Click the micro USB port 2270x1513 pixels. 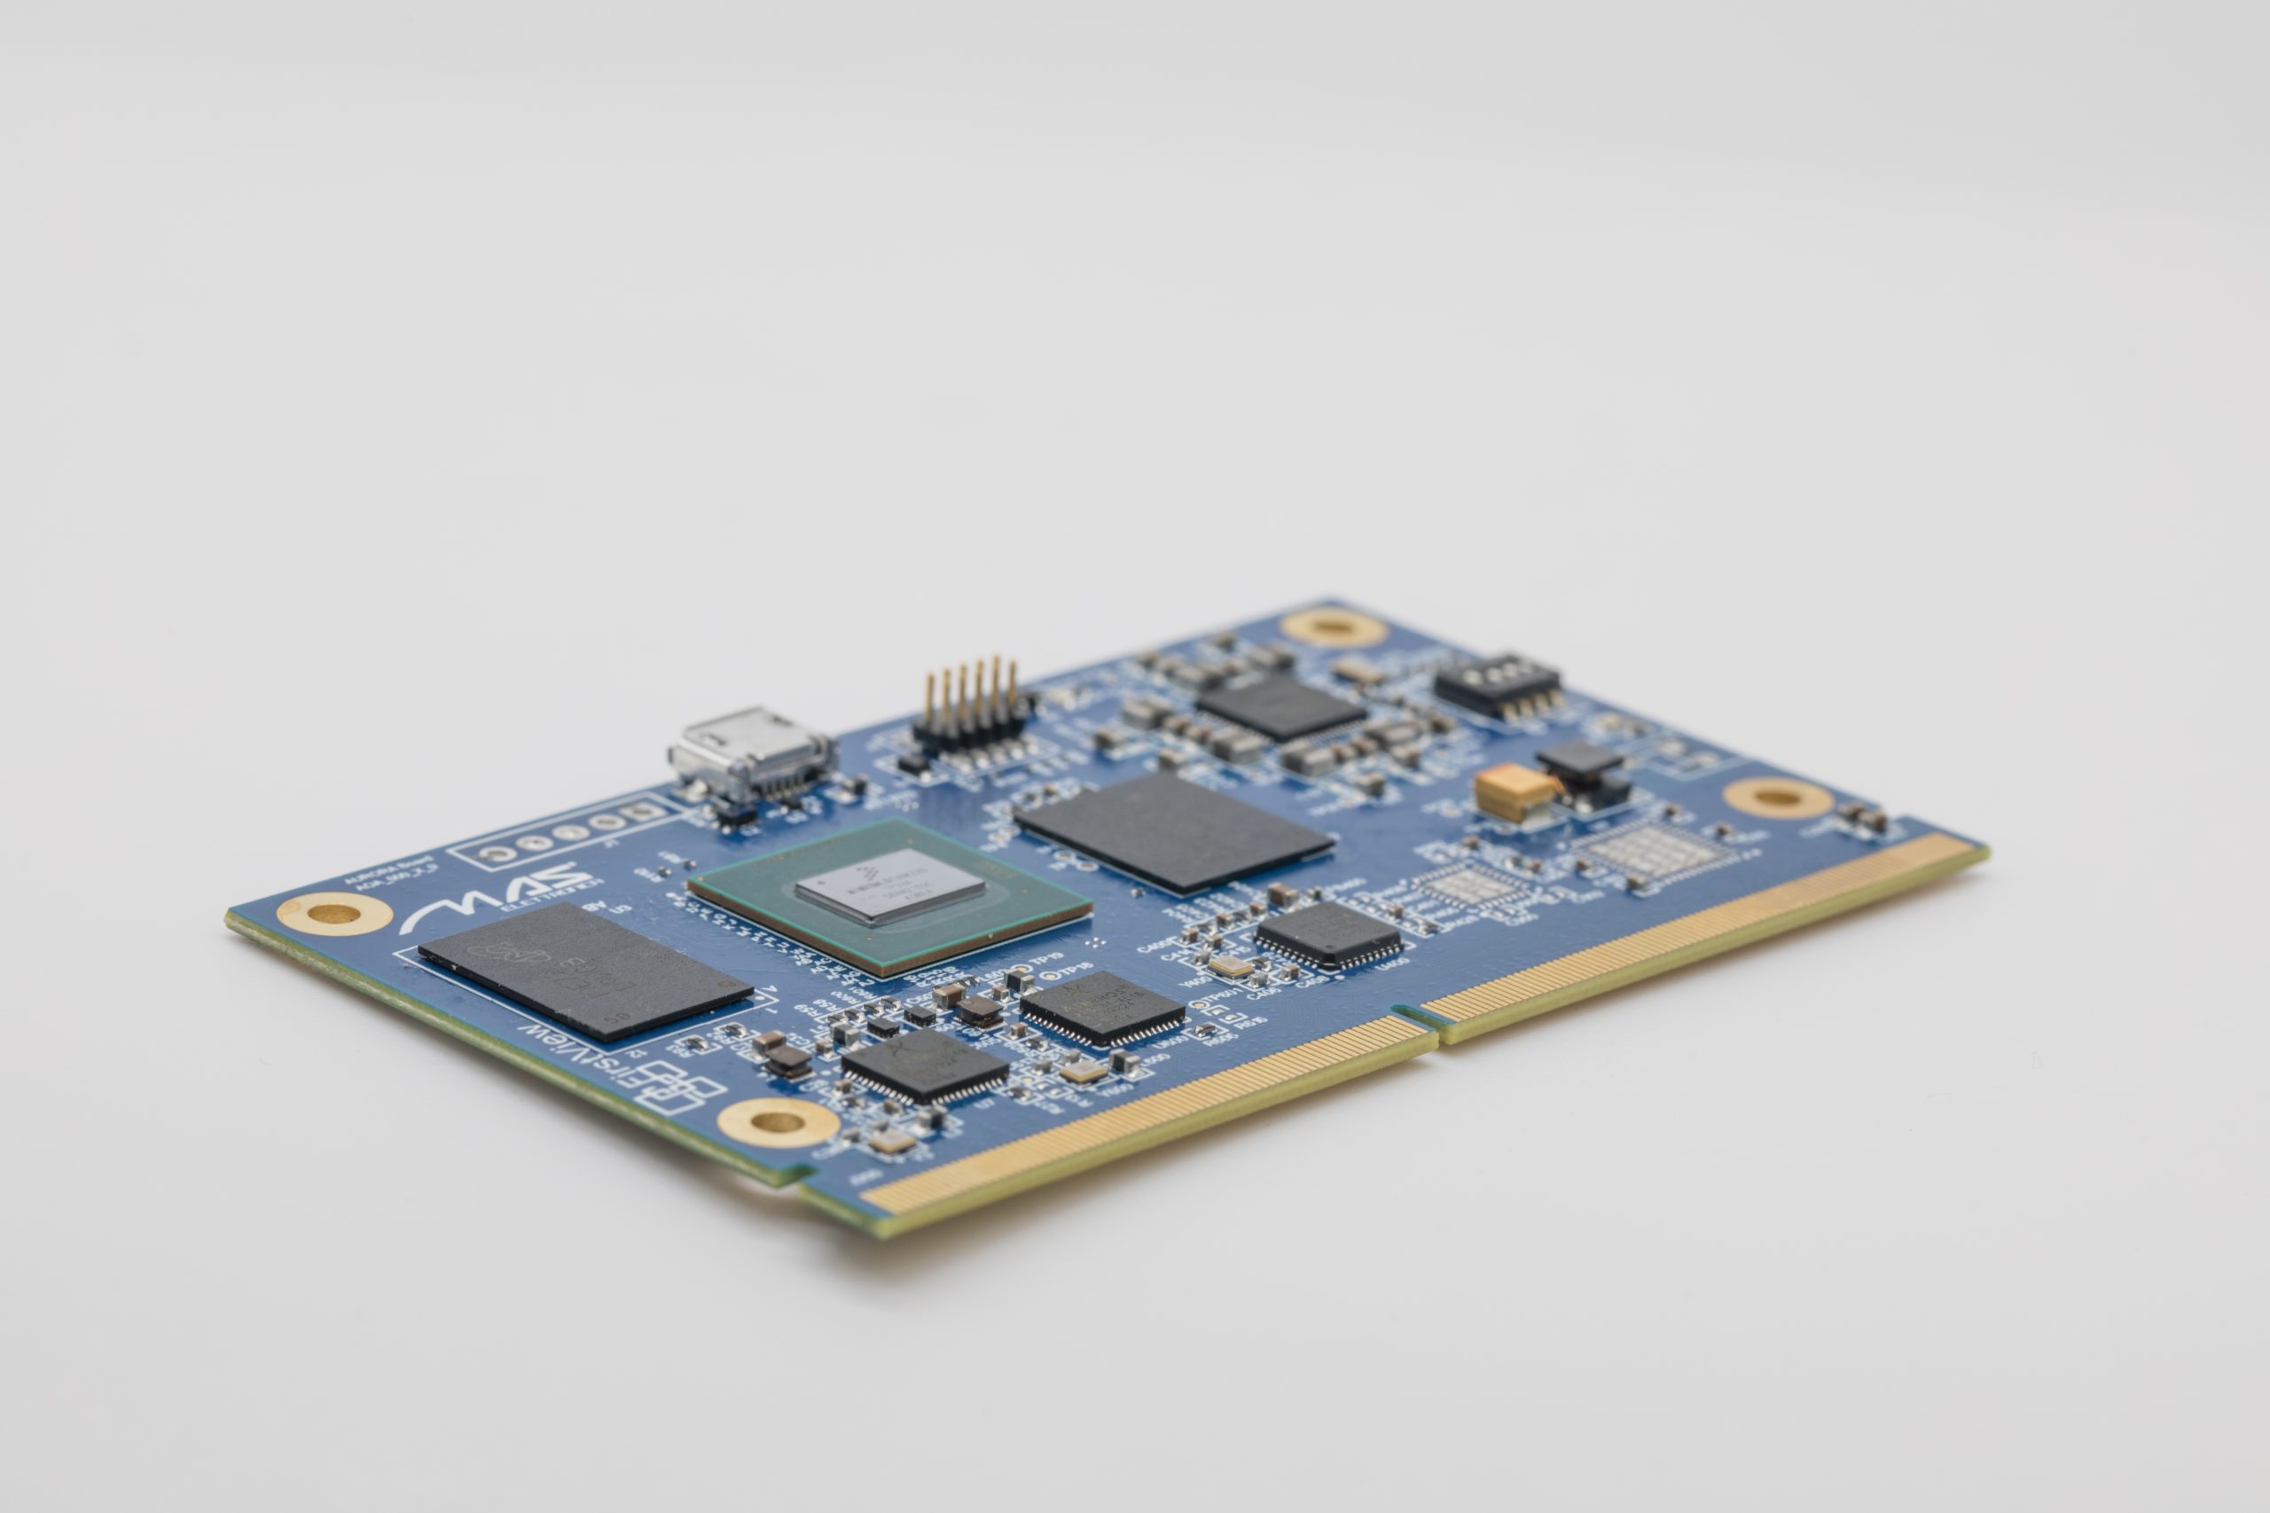tap(751, 754)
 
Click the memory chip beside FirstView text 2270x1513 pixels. tap(584, 969)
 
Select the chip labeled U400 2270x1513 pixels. tap(1328, 933)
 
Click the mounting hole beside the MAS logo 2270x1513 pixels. tap(333, 913)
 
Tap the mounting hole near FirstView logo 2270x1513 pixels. tap(777, 1122)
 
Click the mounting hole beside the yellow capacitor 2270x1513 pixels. tap(1777, 798)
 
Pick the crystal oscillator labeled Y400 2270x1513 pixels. tap(1230, 966)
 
